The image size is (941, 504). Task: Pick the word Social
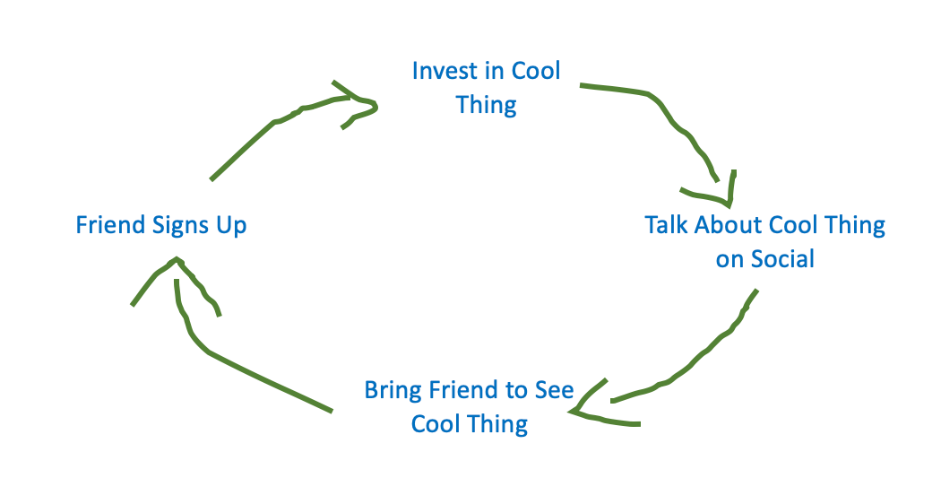(x=782, y=259)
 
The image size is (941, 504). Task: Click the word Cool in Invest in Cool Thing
(x=535, y=71)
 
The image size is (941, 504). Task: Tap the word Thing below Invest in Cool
(x=486, y=106)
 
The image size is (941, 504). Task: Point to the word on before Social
(x=729, y=260)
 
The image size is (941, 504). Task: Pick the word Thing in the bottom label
(x=498, y=425)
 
